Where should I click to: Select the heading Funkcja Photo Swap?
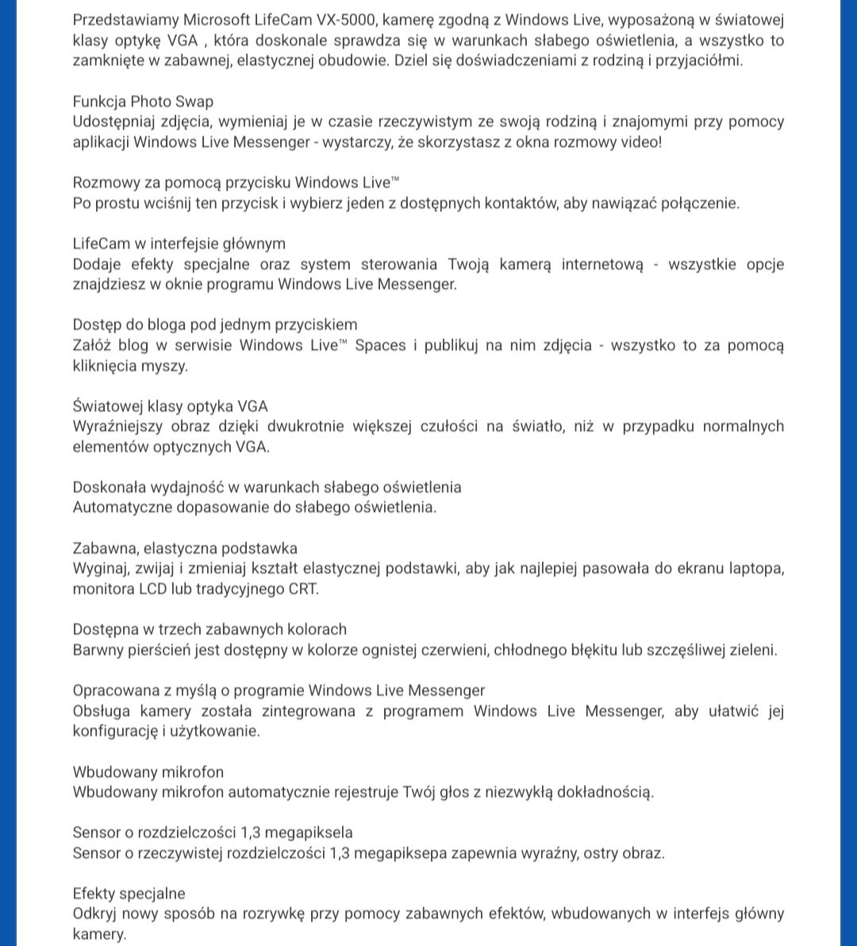click(143, 102)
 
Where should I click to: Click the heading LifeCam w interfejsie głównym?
click(179, 243)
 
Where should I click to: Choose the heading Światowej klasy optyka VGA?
click(171, 406)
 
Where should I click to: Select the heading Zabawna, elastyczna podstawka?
click(186, 548)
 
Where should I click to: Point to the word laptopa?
click(756, 568)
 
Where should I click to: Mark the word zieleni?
click(751, 649)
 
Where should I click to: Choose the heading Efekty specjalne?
click(129, 894)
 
